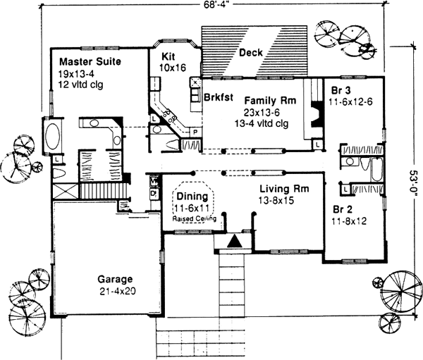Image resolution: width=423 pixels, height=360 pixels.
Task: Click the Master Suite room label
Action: (90, 62)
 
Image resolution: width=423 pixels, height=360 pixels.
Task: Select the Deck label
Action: (251, 53)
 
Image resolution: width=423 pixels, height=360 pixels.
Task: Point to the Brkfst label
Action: (219, 97)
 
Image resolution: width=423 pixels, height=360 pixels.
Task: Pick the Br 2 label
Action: (343, 209)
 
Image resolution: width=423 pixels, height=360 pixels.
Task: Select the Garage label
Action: (115, 279)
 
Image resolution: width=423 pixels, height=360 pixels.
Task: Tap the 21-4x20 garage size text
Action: (116, 291)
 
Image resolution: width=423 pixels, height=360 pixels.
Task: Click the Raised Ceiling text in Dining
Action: (194, 219)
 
